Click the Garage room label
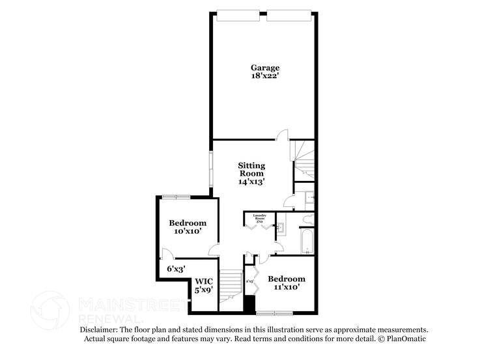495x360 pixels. pyautogui.click(x=265, y=68)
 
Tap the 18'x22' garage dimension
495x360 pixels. pyautogui.click(x=265, y=77)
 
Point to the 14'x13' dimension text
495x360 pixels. pyautogui.click(x=251, y=182)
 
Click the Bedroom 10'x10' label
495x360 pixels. pyautogui.click(x=187, y=223)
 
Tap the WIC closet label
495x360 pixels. pyautogui.click(x=204, y=281)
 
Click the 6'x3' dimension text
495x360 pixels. pyautogui.click(x=176, y=268)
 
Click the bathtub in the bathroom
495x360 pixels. pyautogui.click(x=307, y=241)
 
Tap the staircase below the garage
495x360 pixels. pyautogui.click(x=304, y=161)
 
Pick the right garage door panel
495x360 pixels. pyautogui.click(x=290, y=14)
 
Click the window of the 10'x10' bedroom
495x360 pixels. pyautogui.click(x=176, y=196)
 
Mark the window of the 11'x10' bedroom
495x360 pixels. pyautogui.click(x=274, y=312)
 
